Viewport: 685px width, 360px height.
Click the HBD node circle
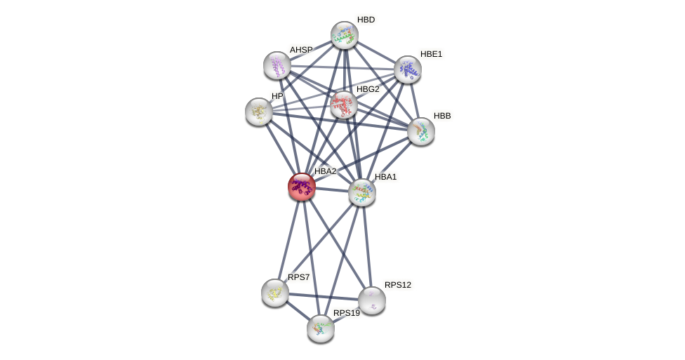pyautogui.click(x=345, y=35)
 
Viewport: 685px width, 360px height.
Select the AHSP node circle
pyautogui.click(x=277, y=65)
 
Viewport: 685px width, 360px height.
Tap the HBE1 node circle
pyautogui.click(x=408, y=69)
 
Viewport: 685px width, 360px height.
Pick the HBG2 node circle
pyautogui.click(x=344, y=105)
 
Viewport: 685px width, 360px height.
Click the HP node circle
pyautogui.click(x=259, y=112)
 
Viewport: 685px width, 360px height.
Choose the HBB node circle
pyautogui.click(x=421, y=131)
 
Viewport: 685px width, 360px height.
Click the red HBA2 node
pyautogui.click(x=302, y=187)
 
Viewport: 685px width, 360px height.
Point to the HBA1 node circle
pyautogui.click(x=362, y=192)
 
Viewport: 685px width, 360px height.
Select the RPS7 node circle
pyautogui.click(x=275, y=293)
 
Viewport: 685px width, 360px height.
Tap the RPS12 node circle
pyautogui.click(x=372, y=300)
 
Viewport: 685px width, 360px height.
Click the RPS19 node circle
pyautogui.click(x=321, y=328)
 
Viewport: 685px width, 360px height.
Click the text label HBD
pyautogui.click(x=366, y=20)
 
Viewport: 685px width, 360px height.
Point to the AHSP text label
pyautogui.click(x=300, y=50)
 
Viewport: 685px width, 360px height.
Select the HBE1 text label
pyautogui.click(x=431, y=54)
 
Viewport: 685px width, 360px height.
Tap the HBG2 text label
pyautogui.click(x=368, y=89)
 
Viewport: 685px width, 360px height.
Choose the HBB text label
pyautogui.click(x=442, y=116)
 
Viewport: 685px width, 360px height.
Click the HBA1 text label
pyautogui.click(x=385, y=177)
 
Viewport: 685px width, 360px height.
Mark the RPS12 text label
pyautogui.click(x=398, y=285)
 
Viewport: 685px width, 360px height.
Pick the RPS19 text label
pyautogui.click(x=346, y=313)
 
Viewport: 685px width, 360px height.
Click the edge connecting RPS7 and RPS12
pyautogui.click(x=324, y=297)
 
